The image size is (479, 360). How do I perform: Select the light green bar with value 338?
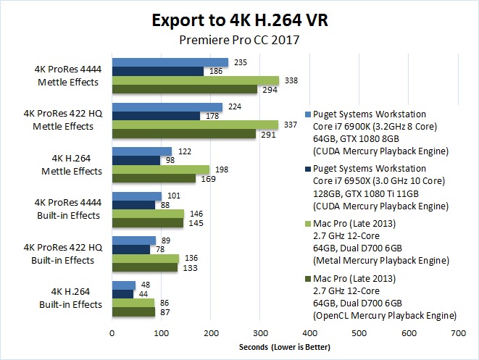pyautogui.click(x=195, y=80)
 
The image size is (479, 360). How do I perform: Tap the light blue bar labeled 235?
pyautogui.click(x=170, y=62)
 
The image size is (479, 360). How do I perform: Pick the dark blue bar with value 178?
pyautogui.click(x=155, y=116)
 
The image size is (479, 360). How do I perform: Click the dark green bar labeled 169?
pyautogui.click(x=153, y=178)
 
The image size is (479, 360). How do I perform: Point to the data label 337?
pyautogui.click(x=290, y=125)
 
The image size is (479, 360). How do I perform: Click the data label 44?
pyautogui.click(x=144, y=294)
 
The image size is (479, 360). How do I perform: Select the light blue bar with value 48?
pyautogui.click(x=123, y=285)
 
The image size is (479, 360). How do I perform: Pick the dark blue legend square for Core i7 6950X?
pyautogui.click(x=309, y=168)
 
